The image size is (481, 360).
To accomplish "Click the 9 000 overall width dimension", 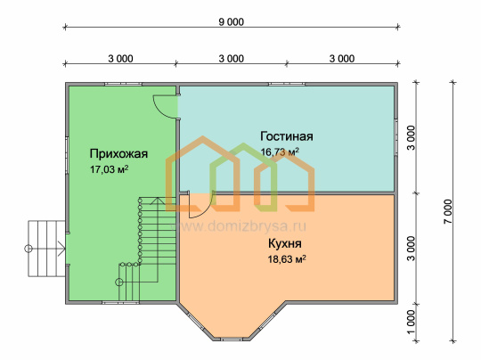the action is click(232, 22).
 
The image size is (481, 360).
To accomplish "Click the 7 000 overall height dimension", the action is click(448, 212).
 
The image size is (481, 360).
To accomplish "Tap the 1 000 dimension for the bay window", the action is click(411, 322).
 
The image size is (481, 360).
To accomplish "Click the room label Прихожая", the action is click(118, 154).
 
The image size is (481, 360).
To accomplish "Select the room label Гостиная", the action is click(287, 136).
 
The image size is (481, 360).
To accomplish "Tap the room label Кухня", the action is click(285, 243).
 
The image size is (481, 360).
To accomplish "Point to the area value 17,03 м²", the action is click(109, 169).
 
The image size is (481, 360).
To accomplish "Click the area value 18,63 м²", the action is click(287, 259).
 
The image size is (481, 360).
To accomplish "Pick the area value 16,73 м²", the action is click(280, 151).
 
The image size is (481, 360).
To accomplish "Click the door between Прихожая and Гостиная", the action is click(166, 107).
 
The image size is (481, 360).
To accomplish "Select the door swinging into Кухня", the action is click(200, 205).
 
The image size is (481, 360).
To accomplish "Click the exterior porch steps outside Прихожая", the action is click(46, 249).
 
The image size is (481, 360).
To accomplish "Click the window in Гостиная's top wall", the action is click(287, 84).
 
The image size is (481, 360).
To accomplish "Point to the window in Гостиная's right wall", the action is click(396, 136).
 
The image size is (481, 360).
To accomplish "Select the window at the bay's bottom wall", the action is click(232, 340).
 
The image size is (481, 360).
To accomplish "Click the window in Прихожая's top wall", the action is click(123, 84).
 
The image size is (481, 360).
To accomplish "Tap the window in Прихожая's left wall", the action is click(67, 156).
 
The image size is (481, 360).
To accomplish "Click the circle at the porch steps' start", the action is click(29, 249).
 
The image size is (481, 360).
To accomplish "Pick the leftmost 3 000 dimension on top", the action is click(120, 59).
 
